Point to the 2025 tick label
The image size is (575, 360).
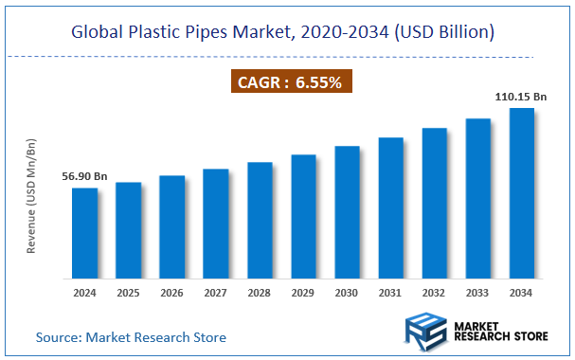128,292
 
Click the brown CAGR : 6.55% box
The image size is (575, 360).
287,82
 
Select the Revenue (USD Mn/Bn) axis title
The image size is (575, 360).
31,196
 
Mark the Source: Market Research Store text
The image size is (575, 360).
132,336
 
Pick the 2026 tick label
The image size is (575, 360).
171,292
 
